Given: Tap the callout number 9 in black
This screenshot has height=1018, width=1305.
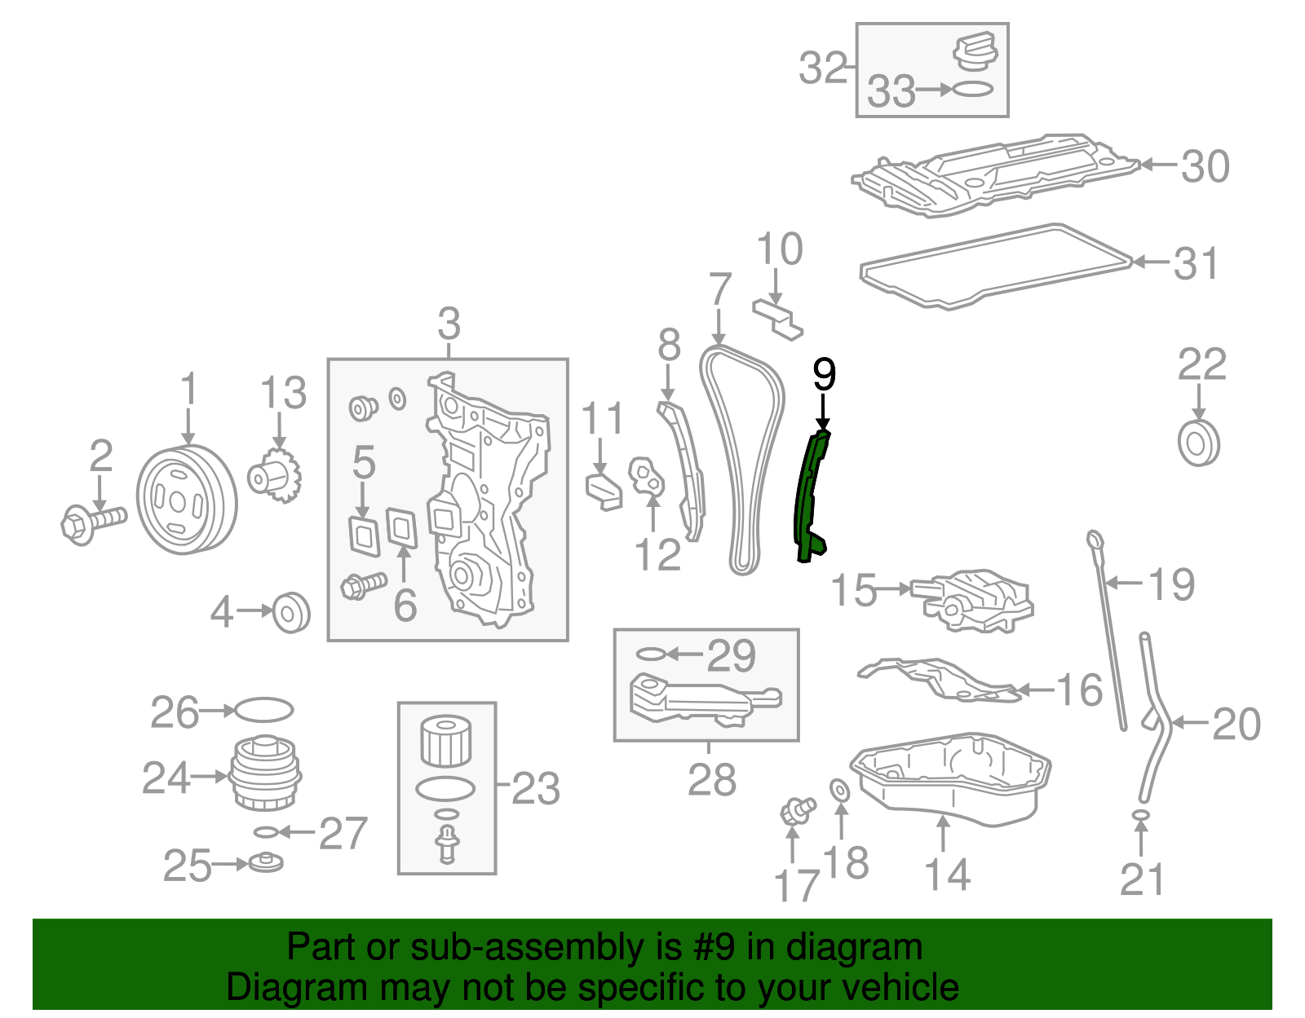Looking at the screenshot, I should click(824, 374).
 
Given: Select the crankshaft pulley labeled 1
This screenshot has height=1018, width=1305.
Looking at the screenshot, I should click(186, 500).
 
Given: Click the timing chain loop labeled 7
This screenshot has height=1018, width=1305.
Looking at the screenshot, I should click(742, 456).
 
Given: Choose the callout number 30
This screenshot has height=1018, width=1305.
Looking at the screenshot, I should click(1205, 166).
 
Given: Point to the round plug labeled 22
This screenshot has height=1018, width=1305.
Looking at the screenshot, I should click(1199, 443).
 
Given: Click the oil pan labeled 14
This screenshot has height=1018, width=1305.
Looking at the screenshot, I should click(950, 774).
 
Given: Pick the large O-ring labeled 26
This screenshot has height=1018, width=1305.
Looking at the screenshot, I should click(263, 709).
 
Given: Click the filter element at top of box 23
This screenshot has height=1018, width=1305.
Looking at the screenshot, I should click(445, 739).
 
